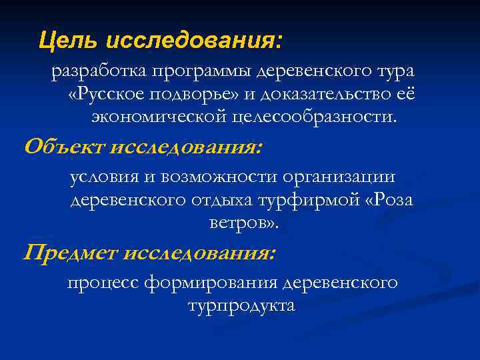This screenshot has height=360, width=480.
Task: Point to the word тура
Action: pyautogui.click(x=393, y=71)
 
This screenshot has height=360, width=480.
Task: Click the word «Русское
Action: pyautogui.click(x=104, y=94)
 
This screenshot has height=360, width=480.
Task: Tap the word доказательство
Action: pyautogui.click(x=327, y=94)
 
